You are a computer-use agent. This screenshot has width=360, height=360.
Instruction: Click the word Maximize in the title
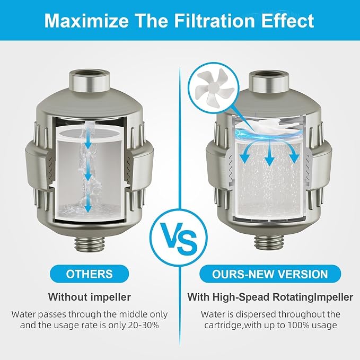[x=86, y=21]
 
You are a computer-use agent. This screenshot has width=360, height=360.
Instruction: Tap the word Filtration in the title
[x=214, y=21]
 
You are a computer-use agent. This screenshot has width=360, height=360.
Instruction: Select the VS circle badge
[x=178, y=238]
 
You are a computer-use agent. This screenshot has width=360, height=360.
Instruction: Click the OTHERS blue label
[x=89, y=274]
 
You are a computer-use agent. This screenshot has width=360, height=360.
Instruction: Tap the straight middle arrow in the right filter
[x=270, y=153]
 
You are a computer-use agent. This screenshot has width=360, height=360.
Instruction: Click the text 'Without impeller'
[x=89, y=297]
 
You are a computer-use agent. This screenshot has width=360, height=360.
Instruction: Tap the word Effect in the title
[x=287, y=21]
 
